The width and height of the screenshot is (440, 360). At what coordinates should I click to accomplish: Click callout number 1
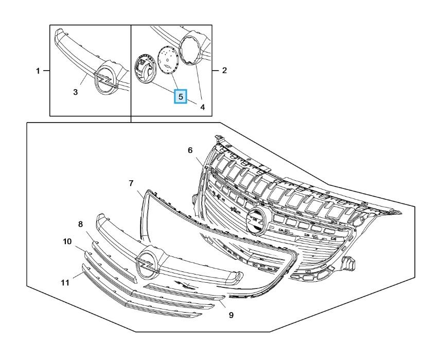tap(38, 71)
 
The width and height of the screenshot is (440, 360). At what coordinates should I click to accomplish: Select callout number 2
tap(224, 70)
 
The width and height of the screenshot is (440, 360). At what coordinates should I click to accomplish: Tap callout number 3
tap(75, 92)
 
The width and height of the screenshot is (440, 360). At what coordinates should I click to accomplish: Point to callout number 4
tap(202, 107)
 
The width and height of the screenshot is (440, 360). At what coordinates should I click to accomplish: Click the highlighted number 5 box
tap(181, 97)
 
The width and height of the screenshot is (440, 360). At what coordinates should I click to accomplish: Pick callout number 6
tap(190, 150)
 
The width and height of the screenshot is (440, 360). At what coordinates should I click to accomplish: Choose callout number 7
tap(131, 183)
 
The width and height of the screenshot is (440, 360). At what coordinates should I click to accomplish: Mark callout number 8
tap(80, 224)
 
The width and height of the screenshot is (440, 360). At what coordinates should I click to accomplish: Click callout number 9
tap(231, 315)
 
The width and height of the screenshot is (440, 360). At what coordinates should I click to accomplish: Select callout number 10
tap(67, 241)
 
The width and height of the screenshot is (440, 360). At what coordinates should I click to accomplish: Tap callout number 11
tap(65, 283)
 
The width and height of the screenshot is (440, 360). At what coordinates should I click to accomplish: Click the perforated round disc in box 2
tap(168, 60)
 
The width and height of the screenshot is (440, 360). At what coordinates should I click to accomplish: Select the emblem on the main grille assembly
tap(255, 221)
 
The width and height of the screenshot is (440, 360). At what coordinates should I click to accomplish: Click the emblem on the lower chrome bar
tap(147, 263)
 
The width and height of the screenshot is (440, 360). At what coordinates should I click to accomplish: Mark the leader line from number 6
tap(200, 161)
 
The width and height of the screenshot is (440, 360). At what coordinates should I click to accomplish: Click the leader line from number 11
tap(78, 275)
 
